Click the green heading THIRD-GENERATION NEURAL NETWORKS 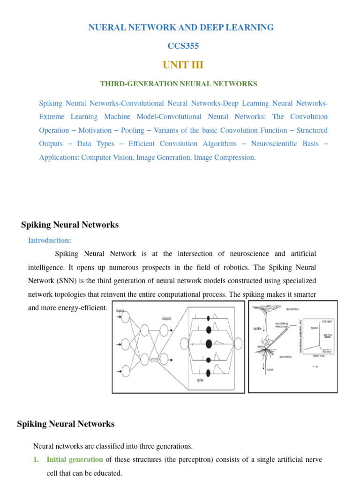[179, 84]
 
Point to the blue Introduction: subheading [50, 240]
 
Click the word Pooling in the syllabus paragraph [132, 130]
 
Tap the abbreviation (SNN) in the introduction [65, 281]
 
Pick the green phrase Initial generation [75, 460]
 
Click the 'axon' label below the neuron [270, 370]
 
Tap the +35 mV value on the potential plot [326, 322]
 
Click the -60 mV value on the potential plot [327, 351]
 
